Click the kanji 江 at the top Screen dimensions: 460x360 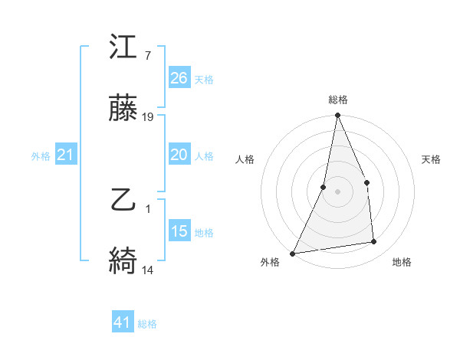(124, 48)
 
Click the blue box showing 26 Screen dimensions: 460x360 (179, 78)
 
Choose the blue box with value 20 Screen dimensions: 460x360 (179, 155)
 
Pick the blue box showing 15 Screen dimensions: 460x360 (179, 231)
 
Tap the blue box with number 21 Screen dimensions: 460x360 (65, 155)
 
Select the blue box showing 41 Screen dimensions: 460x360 (123, 322)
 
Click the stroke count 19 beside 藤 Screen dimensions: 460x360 (148, 117)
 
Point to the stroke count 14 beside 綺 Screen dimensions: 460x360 (148, 270)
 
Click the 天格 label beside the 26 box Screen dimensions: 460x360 (204, 79)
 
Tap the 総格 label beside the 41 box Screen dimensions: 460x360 (147, 323)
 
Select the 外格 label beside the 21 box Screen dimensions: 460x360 (41, 156)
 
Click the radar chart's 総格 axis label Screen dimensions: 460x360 (338, 100)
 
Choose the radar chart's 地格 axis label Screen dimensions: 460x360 (402, 262)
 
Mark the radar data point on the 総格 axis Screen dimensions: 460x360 (337, 116)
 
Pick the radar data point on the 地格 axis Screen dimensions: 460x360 (374, 242)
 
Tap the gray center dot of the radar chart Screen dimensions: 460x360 (337, 191)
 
